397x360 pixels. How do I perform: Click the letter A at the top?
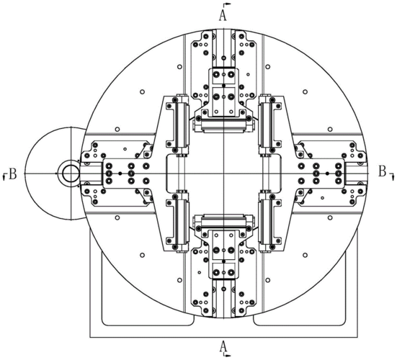coord(223,16)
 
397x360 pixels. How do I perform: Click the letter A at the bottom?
coord(223,346)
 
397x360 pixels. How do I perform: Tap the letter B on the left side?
coord(13,174)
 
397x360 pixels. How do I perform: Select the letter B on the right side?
coord(383,171)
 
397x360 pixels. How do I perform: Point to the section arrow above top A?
coord(227,4)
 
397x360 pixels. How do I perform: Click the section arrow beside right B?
coord(392,176)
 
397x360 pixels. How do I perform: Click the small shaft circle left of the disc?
coord(71,174)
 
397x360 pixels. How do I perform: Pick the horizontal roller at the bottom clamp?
coord(223,221)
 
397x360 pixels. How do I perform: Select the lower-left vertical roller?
coord(181,222)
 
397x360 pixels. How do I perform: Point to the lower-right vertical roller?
coord(266,222)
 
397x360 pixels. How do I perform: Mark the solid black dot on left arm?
coord(120,174)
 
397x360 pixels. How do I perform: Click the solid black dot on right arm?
coord(327,174)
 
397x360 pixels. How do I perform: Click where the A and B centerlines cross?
coord(224,174)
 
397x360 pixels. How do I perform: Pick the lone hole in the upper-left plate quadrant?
coord(142,91)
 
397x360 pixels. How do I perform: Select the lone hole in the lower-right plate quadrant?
coord(305,255)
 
